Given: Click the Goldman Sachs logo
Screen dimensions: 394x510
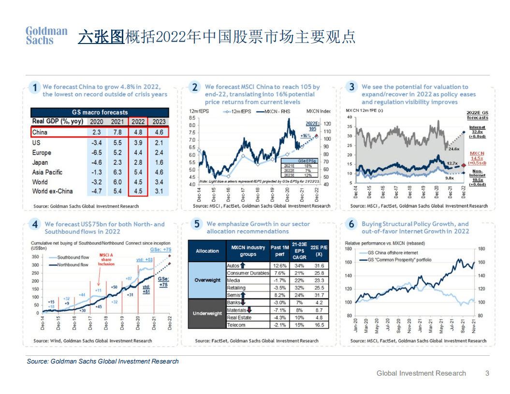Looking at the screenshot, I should [46, 36].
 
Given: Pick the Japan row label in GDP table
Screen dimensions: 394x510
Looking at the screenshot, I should [40, 162].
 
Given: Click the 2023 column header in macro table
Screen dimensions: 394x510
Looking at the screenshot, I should [159, 122].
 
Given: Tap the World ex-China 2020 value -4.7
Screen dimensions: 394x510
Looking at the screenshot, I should [96, 191].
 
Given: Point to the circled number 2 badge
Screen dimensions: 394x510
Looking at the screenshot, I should [194, 88].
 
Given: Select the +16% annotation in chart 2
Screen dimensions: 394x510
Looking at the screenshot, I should [306, 136].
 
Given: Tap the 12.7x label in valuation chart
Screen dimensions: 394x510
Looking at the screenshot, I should [452, 163].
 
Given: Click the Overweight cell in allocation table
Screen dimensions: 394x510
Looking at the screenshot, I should [207, 280].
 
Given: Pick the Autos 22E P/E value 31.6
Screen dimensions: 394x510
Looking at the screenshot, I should [319, 266].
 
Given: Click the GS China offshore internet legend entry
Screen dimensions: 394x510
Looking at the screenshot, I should [391, 253].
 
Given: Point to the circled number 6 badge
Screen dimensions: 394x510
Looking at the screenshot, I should [351, 224].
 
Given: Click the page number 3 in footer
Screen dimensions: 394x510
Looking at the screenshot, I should [487, 373].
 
